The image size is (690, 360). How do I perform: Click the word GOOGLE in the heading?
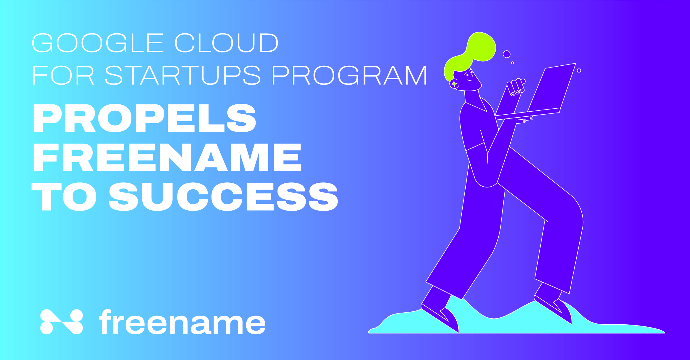click(x=97, y=43)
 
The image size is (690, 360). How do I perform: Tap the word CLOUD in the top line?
click(x=227, y=43)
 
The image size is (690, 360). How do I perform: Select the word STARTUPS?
click(x=183, y=75)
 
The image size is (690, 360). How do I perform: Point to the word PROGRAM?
click(x=349, y=75)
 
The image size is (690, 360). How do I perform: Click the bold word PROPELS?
click(x=145, y=118)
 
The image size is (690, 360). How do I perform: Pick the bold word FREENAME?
click(x=167, y=157)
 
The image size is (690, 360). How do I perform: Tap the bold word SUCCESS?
click(x=223, y=196)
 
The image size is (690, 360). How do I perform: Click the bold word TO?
click(x=64, y=196)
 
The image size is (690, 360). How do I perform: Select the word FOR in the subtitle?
click(x=63, y=75)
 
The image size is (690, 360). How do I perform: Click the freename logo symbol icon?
click(x=61, y=322)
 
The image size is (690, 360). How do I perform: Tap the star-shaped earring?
click(x=454, y=84)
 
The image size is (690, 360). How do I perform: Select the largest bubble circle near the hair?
click(x=507, y=54)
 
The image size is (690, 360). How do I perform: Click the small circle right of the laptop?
click(x=579, y=70)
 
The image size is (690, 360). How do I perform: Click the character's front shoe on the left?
click(x=440, y=318)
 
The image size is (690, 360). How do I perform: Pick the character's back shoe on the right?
click(x=553, y=310)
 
